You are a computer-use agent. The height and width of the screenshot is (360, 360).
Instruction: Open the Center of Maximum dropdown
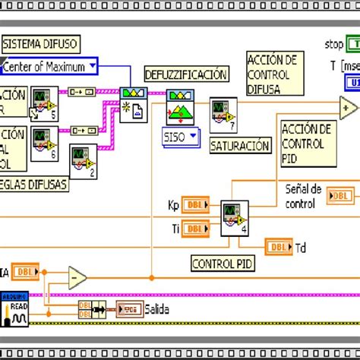[49, 67]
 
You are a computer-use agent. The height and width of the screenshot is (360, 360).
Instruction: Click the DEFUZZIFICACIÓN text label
[185, 74]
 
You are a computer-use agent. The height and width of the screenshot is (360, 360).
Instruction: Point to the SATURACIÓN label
[239, 145]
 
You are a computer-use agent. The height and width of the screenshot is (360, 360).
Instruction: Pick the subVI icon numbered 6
[44, 144]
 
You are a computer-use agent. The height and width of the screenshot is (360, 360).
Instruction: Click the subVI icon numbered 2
[84, 161]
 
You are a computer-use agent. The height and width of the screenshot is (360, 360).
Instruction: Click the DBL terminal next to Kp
[196, 206]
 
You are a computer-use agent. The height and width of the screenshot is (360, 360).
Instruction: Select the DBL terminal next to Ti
[196, 228]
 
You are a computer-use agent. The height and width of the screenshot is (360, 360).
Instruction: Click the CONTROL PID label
[223, 264]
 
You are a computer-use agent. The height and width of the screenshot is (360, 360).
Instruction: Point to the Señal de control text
[303, 196]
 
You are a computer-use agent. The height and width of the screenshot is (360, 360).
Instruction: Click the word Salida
[157, 309]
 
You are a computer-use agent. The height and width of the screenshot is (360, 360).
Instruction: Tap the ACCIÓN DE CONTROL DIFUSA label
[272, 74]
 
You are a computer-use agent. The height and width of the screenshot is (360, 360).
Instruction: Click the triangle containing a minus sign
[77, 278]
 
